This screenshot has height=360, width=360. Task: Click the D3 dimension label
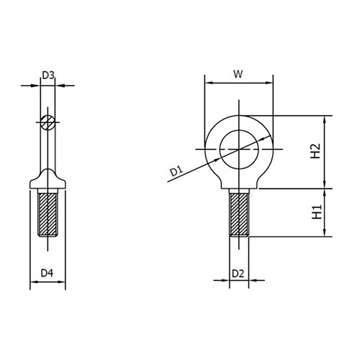pyautogui.click(x=48, y=75)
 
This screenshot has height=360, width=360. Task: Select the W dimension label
pyautogui.click(x=239, y=73)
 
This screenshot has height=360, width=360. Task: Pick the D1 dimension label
pyautogui.click(x=176, y=171)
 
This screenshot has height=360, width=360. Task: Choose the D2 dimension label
pyautogui.click(x=240, y=273)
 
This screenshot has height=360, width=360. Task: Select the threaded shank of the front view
pyautogui.click(x=239, y=213)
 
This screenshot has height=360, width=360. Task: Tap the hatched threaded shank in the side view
pyautogui.click(x=48, y=214)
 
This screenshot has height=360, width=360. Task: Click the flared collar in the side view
pyautogui.click(x=48, y=179)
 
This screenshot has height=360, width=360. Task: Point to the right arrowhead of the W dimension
pyautogui.click(x=271, y=84)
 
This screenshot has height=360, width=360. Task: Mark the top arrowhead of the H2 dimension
pyautogui.click(x=325, y=120)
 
